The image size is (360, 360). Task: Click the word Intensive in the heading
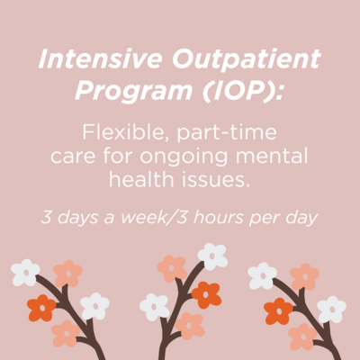100,58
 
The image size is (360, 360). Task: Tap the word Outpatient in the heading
247,59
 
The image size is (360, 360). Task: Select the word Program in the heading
134,91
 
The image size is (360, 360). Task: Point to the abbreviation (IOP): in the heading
243,91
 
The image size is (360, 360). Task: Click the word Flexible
125,132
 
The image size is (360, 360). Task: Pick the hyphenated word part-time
227,133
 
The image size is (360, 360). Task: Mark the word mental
272,156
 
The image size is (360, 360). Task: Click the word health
141,179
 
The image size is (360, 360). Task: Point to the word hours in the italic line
219,217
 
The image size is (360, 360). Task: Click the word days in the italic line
77,218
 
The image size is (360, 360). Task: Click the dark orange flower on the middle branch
206,295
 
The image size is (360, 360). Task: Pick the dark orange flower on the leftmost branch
41,308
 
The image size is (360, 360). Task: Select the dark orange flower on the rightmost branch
279,311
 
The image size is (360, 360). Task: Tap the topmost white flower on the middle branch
212,256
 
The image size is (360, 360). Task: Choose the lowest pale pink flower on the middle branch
190,326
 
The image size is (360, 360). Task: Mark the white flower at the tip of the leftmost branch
25,273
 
